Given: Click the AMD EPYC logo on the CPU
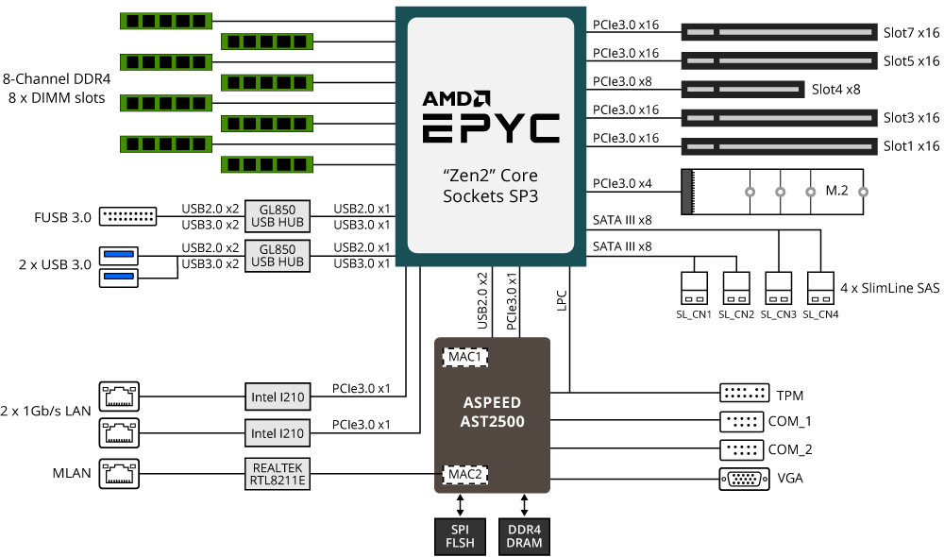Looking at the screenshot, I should tap(490, 116).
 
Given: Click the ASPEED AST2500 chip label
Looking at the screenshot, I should tap(492, 413).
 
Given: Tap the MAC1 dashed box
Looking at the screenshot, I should tap(465, 358).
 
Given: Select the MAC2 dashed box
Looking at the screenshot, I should tap(465, 473).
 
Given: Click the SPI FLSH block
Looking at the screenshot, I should tap(460, 535).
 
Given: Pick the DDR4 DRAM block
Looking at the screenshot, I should tap(525, 535).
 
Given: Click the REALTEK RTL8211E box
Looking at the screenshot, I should tap(277, 473).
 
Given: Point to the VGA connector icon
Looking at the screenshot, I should tap(743, 479).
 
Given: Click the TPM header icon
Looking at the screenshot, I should tap(743, 394).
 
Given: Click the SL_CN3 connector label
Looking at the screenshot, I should tap(779, 313).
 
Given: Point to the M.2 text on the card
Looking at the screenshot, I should tap(836, 191).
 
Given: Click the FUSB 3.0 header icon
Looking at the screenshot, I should tap(127, 217).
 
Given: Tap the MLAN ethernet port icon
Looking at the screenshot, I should tap(118, 473).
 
